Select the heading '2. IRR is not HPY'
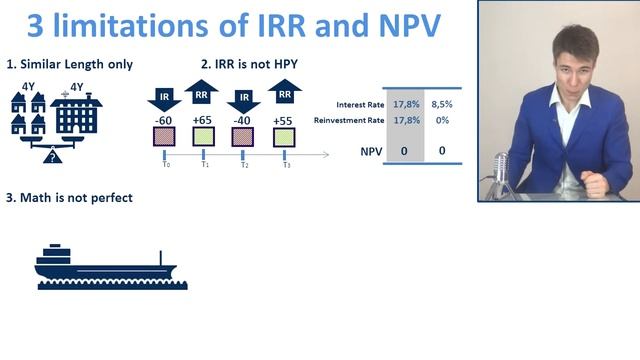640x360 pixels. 249,65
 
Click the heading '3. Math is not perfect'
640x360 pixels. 69,198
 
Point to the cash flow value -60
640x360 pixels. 165,120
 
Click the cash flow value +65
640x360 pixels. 202,120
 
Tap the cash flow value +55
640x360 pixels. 285,120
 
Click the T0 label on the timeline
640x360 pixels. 165,165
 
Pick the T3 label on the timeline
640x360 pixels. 286,165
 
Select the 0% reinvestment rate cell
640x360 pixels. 441,120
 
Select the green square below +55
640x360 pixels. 285,137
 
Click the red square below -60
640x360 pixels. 165,137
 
